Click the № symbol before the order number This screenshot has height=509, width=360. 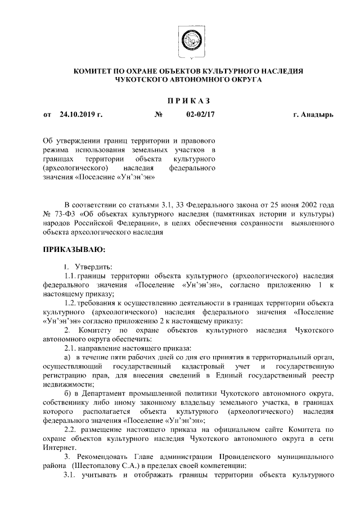[x=158, y=115]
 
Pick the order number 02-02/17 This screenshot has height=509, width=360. [x=200, y=115]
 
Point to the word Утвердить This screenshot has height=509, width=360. [x=93, y=265]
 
